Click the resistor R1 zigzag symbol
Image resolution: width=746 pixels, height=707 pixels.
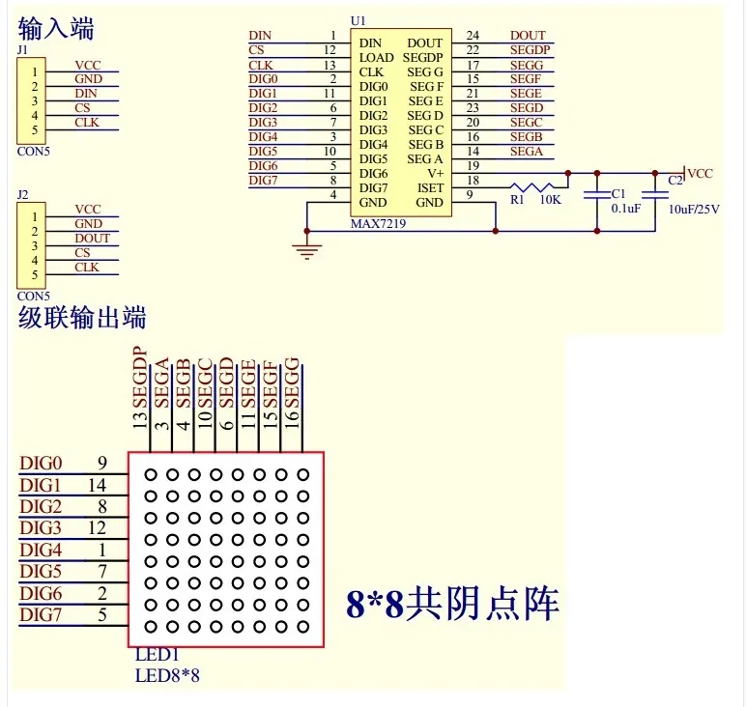point(532,186)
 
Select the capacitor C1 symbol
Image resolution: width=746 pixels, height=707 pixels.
point(597,194)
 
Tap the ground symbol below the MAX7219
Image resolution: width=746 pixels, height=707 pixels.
point(307,251)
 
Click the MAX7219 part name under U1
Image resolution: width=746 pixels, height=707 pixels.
point(378,223)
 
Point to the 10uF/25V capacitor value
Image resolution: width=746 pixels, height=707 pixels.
point(694,210)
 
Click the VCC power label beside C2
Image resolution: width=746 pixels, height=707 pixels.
point(700,174)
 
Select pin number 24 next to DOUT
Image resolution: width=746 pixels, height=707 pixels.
point(473,35)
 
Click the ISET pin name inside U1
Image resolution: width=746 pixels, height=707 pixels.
point(430,187)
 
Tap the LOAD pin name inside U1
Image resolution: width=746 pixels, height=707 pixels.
point(376,58)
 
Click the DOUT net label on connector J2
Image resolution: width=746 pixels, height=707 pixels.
point(93,239)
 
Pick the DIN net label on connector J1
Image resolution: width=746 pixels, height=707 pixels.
point(86,93)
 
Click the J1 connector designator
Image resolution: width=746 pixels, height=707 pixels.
point(22,50)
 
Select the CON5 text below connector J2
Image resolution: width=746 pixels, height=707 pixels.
point(33,296)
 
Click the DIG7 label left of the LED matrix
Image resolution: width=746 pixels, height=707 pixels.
point(41,615)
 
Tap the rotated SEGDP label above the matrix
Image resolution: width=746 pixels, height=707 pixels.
point(140,378)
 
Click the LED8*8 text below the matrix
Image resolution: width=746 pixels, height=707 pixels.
point(167,675)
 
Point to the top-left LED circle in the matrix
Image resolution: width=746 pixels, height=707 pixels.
point(151,474)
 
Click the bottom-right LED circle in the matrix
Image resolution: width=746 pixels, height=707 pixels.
point(303,627)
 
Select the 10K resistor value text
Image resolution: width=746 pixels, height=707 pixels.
point(551,200)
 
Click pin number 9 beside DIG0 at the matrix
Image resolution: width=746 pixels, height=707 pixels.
point(102,463)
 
